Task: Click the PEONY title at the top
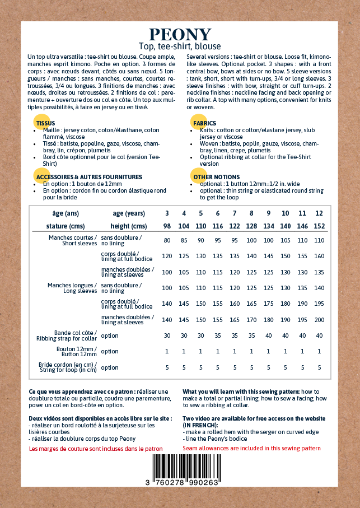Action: tap(180, 34)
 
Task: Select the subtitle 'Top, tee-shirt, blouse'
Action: tap(180, 46)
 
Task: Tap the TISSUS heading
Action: tap(46, 123)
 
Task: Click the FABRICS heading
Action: tap(204, 123)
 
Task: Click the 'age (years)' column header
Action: tap(129, 213)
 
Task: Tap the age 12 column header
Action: tap(319, 213)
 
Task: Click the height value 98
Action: tap(167, 226)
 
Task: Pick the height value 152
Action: tap(319, 226)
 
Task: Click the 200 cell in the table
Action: tap(319, 320)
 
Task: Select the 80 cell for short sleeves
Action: tap(167, 240)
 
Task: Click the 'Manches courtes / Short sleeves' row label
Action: tap(73, 240)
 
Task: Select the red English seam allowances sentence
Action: tap(251, 449)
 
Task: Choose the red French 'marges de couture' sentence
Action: tap(95, 449)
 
